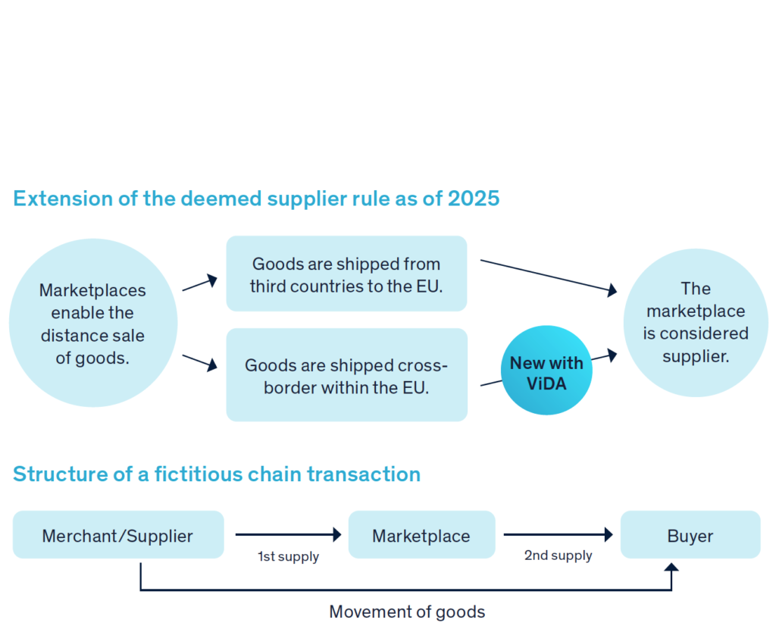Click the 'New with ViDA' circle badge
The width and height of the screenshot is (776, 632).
tap(546, 371)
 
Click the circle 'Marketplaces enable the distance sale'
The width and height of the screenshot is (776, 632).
tap(93, 324)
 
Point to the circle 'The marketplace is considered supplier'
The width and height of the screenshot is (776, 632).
tap(695, 322)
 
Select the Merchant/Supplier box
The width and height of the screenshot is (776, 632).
tap(118, 535)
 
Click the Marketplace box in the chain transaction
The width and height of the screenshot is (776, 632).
tap(421, 535)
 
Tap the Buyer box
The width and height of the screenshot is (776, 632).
tap(690, 535)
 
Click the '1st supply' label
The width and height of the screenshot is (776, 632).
tap(288, 557)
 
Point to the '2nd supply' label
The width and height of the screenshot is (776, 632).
tap(558, 555)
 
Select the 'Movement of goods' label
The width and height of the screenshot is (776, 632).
tap(407, 612)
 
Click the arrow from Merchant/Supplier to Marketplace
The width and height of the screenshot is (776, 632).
tap(288, 534)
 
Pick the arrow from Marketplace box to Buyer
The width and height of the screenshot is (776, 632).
tap(558, 534)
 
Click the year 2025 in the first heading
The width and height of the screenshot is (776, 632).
tap(474, 199)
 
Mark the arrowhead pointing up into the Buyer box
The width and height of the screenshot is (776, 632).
tap(671, 567)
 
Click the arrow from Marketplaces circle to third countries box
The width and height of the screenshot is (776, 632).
tap(200, 283)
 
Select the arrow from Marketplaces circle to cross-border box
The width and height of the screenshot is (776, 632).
tap(200, 362)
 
